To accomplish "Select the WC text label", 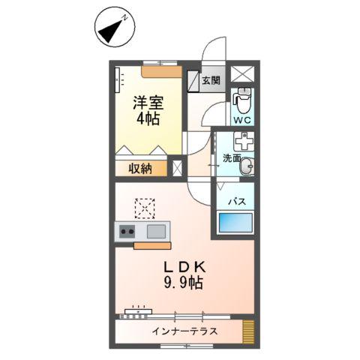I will tap(241, 118).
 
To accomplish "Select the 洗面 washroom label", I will tap(231, 158).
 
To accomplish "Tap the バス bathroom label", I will tap(237, 201).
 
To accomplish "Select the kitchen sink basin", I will tap(157, 231).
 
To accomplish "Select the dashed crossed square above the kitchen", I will tap(143, 205).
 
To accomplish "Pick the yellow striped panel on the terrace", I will tap(248, 331).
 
